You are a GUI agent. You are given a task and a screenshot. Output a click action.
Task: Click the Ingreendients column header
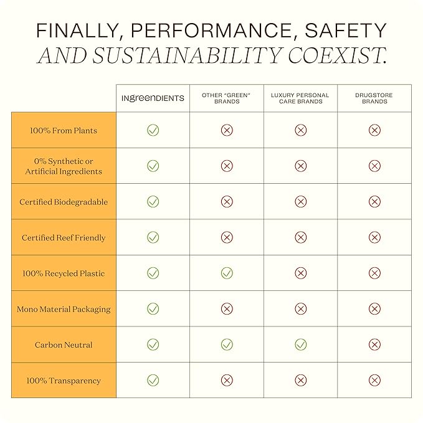pos(153,98)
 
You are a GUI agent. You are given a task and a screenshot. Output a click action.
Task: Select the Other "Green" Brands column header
pos(227,98)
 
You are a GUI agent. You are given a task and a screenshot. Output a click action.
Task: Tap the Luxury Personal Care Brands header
pos(300,98)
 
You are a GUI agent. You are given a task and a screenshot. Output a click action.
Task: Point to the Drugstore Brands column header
pos(374,98)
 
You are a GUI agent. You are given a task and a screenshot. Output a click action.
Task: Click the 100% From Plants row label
pos(64,131)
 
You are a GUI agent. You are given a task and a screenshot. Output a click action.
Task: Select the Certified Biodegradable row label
pos(64,202)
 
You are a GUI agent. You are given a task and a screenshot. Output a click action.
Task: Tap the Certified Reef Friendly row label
pos(64,238)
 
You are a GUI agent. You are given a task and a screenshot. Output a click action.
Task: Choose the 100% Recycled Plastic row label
pos(64,273)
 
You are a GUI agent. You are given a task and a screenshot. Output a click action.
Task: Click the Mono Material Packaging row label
pos(64,309)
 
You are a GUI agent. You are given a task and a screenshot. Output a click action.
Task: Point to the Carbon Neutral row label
pos(64,345)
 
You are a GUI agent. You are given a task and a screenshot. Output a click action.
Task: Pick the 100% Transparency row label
pos(64,381)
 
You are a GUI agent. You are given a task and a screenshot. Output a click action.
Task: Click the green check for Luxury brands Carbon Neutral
pos(300,345)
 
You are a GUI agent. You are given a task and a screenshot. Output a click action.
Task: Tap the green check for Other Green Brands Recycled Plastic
pos(227,273)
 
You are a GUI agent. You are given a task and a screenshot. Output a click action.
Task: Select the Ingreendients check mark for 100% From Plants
pos(153,130)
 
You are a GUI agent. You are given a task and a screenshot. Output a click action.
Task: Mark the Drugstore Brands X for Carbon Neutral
pos(374,345)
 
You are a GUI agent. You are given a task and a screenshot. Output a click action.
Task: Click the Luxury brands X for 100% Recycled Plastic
pos(300,273)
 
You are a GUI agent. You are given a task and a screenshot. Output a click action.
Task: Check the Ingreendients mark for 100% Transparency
pos(153,380)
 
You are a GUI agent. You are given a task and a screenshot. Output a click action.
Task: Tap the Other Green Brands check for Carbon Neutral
pos(227,345)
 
